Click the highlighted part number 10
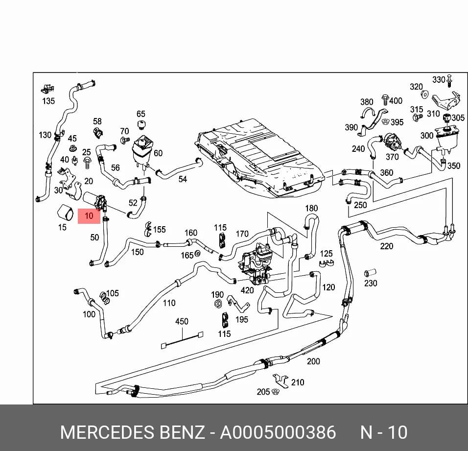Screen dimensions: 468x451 click(89, 215)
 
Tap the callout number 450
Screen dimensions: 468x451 click(182, 321)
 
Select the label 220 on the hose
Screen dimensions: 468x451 click(387, 246)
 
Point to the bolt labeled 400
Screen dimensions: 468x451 click(385, 100)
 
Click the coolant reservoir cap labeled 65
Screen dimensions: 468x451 click(141, 124)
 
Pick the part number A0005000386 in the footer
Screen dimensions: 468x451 click(278, 432)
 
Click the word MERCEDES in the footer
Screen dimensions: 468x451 click(108, 432)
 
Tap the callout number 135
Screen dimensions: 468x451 click(48, 101)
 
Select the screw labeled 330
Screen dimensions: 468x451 click(449, 81)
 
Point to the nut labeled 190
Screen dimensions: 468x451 click(217, 304)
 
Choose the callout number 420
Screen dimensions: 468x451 click(247, 290)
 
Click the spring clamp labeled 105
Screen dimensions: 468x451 click(104, 297)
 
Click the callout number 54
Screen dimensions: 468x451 click(183, 179)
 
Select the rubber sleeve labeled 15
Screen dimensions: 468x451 click(66, 212)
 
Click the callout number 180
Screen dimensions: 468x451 click(311, 208)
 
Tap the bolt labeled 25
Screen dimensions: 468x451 click(88, 163)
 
